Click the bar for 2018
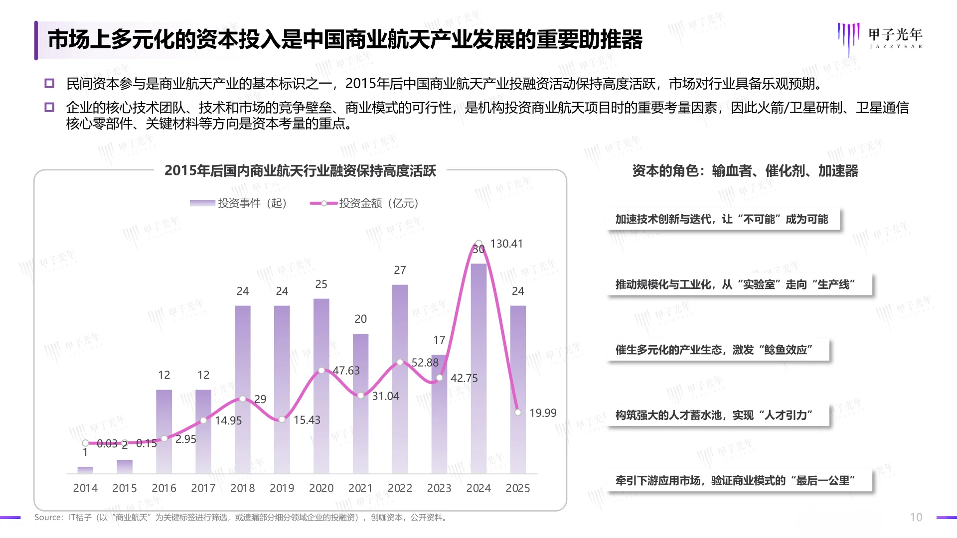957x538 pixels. tap(242, 389)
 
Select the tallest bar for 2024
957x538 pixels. tap(478, 369)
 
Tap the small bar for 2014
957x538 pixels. tap(85, 470)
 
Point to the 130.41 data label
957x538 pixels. tap(506, 244)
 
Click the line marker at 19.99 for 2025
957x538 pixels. tap(518, 412)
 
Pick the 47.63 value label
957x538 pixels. tap(346, 371)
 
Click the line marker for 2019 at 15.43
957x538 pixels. tap(282, 419)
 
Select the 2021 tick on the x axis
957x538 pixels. tap(360, 488)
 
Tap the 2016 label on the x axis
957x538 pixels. tap(164, 488)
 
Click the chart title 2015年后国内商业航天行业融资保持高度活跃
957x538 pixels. tap(300, 171)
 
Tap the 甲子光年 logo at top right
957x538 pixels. tap(880, 38)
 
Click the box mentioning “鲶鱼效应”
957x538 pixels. tap(718, 350)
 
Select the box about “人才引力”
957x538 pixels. tap(718, 415)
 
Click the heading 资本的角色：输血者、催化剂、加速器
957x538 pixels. tap(745, 171)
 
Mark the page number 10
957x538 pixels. tap(916, 518)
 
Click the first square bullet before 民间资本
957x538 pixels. tap(49, 83)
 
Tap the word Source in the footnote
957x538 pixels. tap(48, 518)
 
